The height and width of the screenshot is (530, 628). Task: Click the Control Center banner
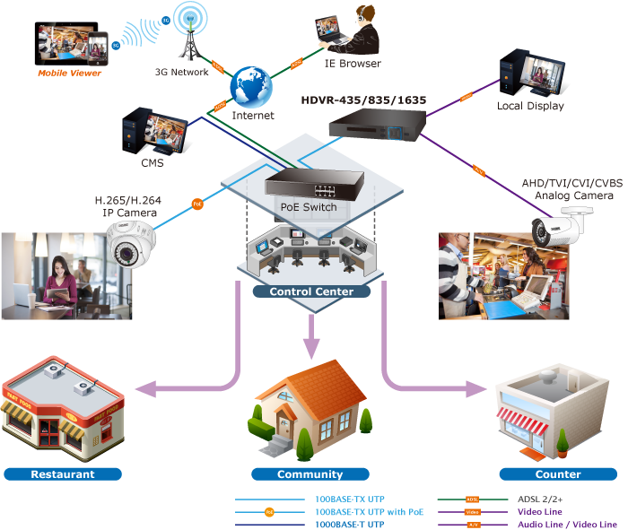312,291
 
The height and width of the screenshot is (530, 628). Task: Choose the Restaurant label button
63,474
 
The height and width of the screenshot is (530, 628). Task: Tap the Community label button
310,474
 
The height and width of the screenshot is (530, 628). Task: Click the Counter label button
558,474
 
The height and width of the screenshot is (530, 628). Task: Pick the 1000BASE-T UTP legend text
350,524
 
